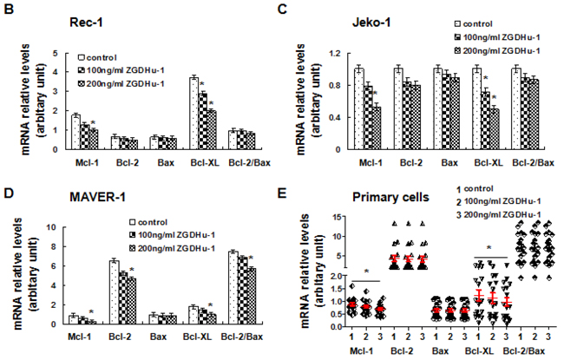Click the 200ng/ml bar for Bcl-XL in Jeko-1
pyautogui.click(x=493, y=125)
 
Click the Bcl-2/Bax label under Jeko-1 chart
pyautogui.click(x=528, y=161)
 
